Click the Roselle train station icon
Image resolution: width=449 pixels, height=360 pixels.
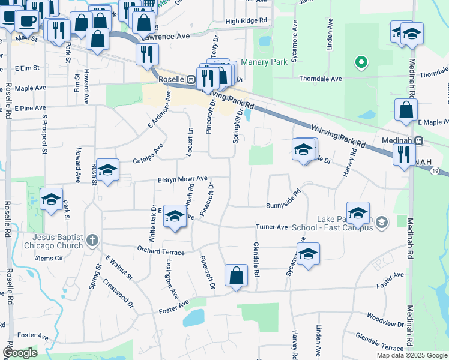click(x=190, y=79)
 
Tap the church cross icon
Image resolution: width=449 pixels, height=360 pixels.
click(x=92, y=241)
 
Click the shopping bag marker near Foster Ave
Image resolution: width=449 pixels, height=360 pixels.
click(x=237, y=276)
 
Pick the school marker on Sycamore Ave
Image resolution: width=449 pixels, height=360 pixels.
click(x=308, y=254)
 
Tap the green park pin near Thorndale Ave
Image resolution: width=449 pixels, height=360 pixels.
click(x=361, y=62)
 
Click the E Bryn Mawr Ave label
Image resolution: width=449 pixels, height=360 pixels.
click(x=182, y=179)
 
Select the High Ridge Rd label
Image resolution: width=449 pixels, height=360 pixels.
click(x=246, y=21)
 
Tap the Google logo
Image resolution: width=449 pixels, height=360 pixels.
click(x=20, y=352)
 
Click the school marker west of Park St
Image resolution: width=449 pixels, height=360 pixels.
click(x=51, y=199)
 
